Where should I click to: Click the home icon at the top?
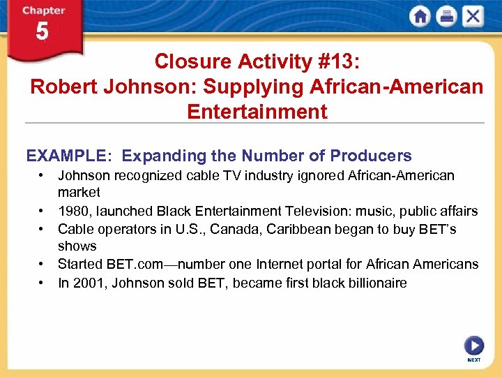click(x=420, y=17)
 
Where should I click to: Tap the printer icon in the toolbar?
click(x=446, y=17)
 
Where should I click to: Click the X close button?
click(x=473, y=17)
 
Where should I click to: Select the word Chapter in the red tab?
click(x=43, y=10)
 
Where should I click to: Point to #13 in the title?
click(x=335, y=61)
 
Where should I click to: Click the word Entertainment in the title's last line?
click(x=257, y=112)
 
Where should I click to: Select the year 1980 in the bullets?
click(x=73, y=211)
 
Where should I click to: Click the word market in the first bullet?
click(x=79, y=192)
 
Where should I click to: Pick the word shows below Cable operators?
click(x=77, y=246)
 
